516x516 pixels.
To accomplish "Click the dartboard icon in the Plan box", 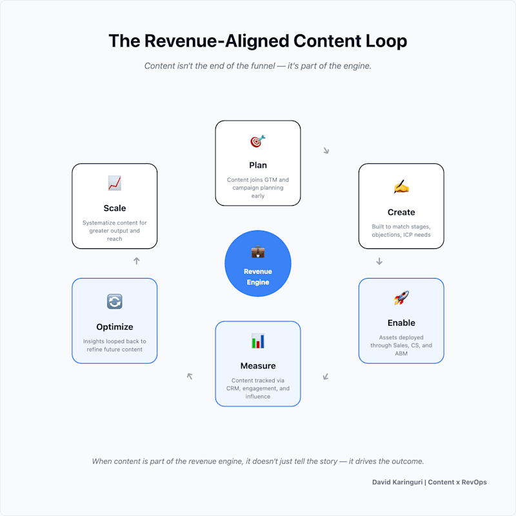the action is [x=257, y=141].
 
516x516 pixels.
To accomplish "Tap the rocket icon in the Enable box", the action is [x=401, y=298].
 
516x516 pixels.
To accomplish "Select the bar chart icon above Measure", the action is [x=258, y=341].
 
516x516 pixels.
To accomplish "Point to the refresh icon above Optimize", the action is [x=115, y=301].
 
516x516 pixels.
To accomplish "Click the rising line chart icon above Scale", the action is [x=115, y=183].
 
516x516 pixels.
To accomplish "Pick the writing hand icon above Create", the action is [x=401, y=186].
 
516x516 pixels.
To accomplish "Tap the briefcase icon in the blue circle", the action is [x=258, y=252].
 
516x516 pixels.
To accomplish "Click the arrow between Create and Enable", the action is [x=379, y=261].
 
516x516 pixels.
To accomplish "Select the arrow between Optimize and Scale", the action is [x=137, y=261].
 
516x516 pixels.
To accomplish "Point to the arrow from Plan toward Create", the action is [x=326, y=150].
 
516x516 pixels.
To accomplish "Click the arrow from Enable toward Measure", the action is [x=326, y=377].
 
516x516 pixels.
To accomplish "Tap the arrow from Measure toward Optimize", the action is [x=190, y=376].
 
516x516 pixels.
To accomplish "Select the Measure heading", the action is [x=258, y=366].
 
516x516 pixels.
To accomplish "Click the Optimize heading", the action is [x=115, y=327].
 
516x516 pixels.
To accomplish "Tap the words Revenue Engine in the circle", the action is [x=258, y=277].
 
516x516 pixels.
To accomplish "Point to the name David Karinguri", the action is [x=397, y=482].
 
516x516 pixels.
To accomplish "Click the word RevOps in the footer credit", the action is [x=474, y=482].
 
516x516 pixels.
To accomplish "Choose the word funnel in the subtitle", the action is [x=263, y=66].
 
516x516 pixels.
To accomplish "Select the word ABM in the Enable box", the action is [x=401, y=353].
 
